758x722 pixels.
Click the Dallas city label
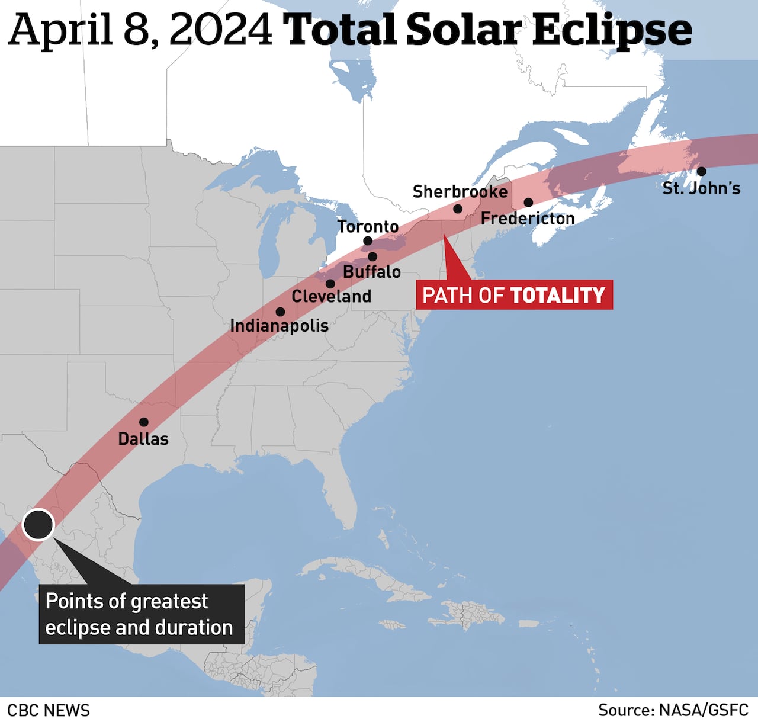(143, 439)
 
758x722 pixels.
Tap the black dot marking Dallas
(143, 422)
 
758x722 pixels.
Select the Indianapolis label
(279, 326)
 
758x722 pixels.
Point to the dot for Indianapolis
(280, 312)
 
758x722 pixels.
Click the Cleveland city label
(331, 296)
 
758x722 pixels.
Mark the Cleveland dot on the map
(330, 284)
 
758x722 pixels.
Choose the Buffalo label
(372, 272)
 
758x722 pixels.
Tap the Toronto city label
(368, 226)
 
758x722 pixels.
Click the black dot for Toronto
(368, 241)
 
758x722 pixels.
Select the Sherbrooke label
(460, 192)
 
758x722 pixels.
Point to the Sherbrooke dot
(458, 209)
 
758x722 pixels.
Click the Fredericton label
(528, 219)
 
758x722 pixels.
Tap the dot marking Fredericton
(528, 203)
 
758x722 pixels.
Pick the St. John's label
(701, 188)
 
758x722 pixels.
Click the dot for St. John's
(701, 171)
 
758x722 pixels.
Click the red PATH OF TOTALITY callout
(513, 295)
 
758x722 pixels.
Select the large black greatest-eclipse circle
(38, 525)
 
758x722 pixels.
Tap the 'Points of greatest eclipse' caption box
(142, 614)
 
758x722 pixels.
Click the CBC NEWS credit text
(49, 710)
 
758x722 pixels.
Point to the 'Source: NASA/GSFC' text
(673, 710)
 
